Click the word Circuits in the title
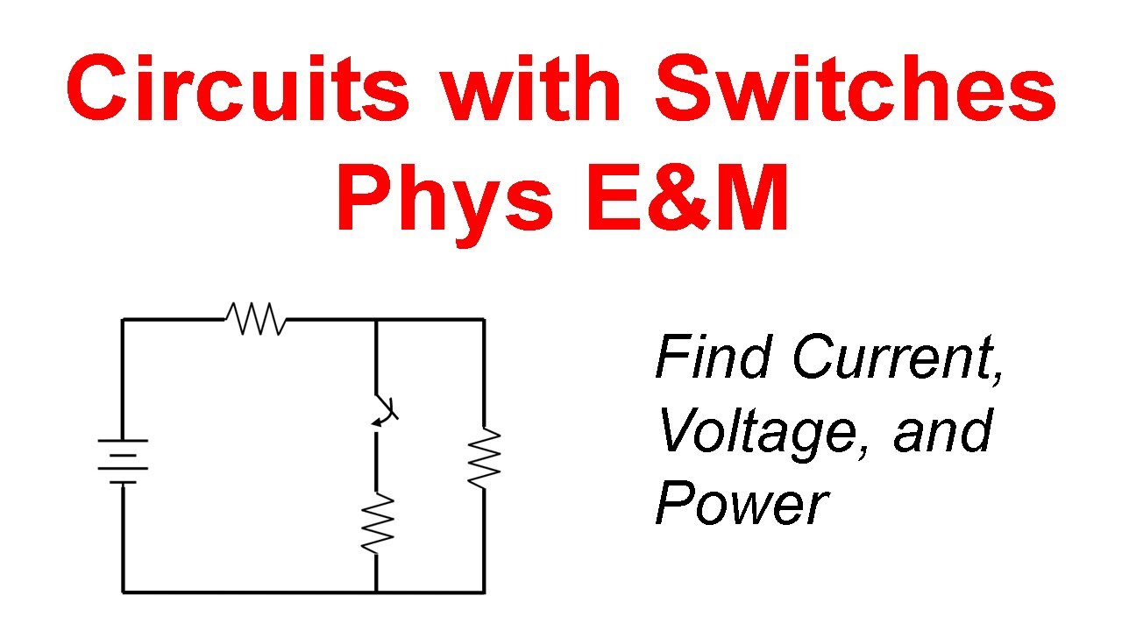tap(238, 89)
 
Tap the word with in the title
tap(530, 89)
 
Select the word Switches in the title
tap(856, 89)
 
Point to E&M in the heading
tap(687, 196)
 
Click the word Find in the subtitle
tap(713, 356)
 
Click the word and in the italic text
tap(942, 430)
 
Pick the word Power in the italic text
tap(742, 502)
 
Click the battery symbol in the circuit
tap(123, 461)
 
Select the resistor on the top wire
tap(255, 318)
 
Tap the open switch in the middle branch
tap(386, 411)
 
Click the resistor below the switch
tap(377, 524)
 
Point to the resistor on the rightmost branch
tap(485, 457)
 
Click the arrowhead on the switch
tap(378, 423)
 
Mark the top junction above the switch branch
tap(376, 319)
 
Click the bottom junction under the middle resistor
tap(376, 592)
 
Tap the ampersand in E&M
tap(678, 196)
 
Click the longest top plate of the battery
tap(123, 441)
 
